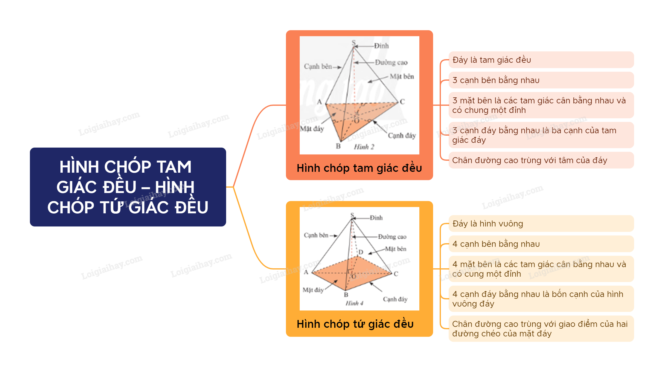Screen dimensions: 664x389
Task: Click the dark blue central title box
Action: pos(128,187)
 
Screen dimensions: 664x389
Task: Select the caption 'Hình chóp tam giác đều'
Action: pos(359,168)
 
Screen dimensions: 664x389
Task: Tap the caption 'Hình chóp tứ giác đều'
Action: pos(355,324)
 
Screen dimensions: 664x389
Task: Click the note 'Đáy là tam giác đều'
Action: pos(541,60)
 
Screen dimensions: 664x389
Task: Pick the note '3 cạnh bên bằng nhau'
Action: pos(541,80)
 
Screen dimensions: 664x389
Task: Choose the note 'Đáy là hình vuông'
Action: pos(541,223)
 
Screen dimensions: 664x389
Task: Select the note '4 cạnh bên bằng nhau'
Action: pos(541,244)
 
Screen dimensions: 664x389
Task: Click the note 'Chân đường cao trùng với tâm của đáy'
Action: pos(541,160)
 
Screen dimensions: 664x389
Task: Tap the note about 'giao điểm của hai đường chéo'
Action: pos(541,329)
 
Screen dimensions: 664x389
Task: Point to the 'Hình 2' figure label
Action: pos(364,147)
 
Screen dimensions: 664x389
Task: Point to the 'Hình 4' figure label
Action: pos(354,303)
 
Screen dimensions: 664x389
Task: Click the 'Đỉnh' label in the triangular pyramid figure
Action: pos(381,46)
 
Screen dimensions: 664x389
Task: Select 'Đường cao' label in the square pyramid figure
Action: pos(392,237)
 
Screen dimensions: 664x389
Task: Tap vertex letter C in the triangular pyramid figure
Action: pos(402,102)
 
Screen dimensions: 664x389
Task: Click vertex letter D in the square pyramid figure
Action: pos(361,252)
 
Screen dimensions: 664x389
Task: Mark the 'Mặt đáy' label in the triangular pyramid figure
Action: pos(312,129)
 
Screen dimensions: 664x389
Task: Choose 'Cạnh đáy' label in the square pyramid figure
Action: pos(395,299)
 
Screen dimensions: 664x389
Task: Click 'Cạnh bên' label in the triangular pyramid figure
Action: pos(318,66)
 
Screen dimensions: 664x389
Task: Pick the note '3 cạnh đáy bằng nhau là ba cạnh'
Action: pos(541,135)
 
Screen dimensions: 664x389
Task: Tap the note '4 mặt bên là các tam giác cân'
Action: pos(541,269)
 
